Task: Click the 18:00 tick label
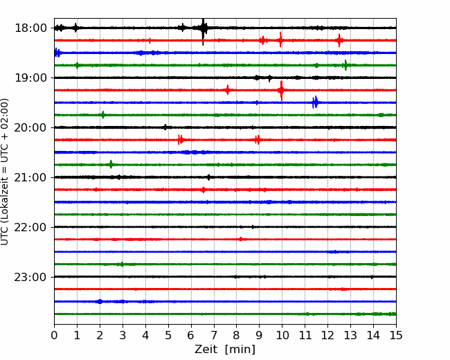tap(30, 28)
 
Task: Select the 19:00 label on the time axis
tap(30, 78)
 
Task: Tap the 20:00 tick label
tap(30, 127)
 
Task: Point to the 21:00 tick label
tap(30, 177)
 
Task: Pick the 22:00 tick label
tap(30, 227)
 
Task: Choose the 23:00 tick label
tap(30, 277)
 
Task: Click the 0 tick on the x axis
tap(54, 335)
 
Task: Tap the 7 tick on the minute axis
tap(214, 335)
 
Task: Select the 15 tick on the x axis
tap(396, 335)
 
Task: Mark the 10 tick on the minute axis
tap(282, 335)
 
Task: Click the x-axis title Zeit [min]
tap(225, 350)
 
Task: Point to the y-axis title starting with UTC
tap(5, 172)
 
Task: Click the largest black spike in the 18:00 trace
tap(203, 28)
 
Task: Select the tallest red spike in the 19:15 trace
tap(282, 90)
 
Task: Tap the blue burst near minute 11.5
tap(315, 102)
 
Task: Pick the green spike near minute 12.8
tap(345, 65)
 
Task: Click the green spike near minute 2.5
tap(111, 165)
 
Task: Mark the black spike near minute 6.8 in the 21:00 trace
tap(208, 177)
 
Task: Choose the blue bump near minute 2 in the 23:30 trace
tap(100, 301)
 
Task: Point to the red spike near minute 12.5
tap(339, 40)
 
